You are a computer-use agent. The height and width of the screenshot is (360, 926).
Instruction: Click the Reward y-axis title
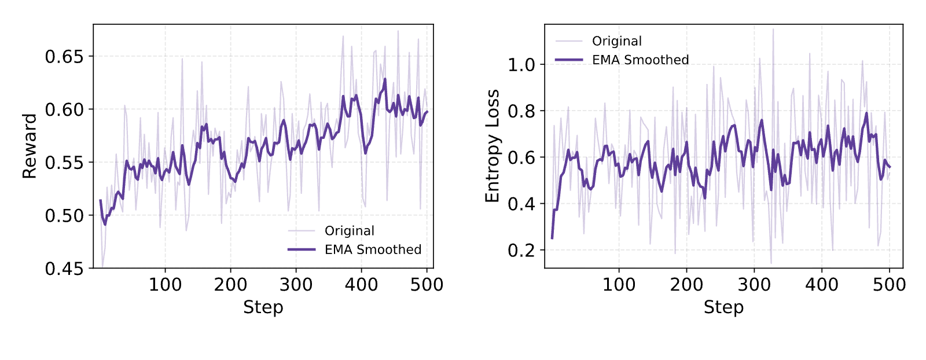tap(30, 146)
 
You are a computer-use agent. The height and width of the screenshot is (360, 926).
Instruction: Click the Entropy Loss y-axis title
tap(493, 146)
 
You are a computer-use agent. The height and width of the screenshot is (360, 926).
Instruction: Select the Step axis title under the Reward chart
tap(263, 307)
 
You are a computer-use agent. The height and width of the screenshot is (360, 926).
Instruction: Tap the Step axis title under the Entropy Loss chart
tap(724, 307)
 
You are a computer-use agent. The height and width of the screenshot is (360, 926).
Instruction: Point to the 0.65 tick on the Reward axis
tap(64, 57)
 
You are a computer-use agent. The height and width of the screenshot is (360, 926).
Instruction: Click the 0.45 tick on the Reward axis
tap(64, 269)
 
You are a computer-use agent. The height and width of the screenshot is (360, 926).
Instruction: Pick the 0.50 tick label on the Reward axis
tap(64, 216)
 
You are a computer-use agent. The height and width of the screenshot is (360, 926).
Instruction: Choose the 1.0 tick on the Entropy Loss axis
tap(521, 65)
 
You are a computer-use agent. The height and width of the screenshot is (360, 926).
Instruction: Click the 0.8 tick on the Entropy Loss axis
tap(521, 111)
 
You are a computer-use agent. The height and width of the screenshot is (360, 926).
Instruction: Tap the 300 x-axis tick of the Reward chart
tap(296, 285)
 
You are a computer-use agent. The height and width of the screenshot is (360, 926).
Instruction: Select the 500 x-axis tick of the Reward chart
tap(427, 285)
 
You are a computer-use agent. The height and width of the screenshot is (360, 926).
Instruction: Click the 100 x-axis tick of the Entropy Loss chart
tap(619, 285)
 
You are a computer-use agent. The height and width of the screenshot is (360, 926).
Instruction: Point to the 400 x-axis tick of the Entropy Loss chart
tap(822, 285)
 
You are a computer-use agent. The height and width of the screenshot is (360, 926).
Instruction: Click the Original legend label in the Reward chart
tap(350, 230)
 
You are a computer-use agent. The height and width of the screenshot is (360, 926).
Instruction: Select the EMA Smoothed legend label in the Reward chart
tap(373, 249)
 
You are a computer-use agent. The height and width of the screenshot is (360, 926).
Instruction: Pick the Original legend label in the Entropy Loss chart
tap(617, 41)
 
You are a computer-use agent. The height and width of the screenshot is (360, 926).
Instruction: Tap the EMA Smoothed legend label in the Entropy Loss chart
tap(640, 60)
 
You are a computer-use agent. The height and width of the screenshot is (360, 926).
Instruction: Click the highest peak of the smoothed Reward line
tap(385, 79)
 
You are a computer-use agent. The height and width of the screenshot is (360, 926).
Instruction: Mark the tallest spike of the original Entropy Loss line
tap(773, 29)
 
